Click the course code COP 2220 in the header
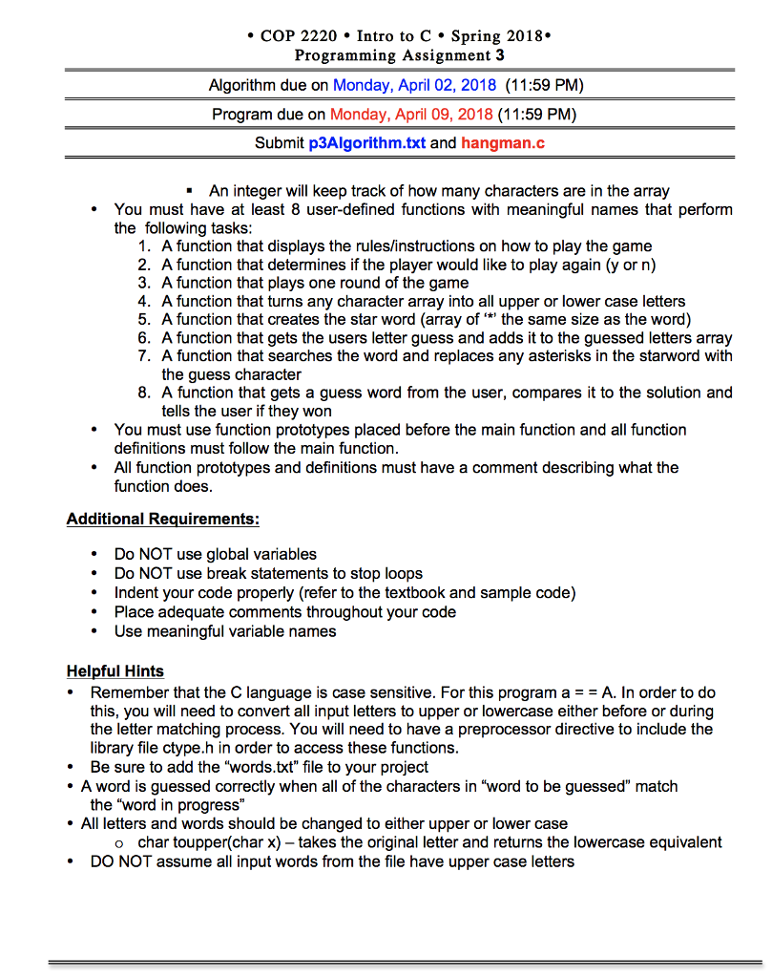click(x=299, y=36)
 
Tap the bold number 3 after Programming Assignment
click(x=500, y=55)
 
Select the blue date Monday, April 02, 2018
click(x=414, y=85)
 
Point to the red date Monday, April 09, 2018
click(x=411, y=115)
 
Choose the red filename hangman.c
click(x=503, y=144)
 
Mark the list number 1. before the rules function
click(x=144, y=246)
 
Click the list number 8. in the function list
click(x=144, y=393)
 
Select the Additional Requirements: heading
click(x=162, y=520)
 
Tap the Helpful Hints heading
click(x=115, y=671)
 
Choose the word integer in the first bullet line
click(x=258, y=190)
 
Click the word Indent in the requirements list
click(x=137, y=592)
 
